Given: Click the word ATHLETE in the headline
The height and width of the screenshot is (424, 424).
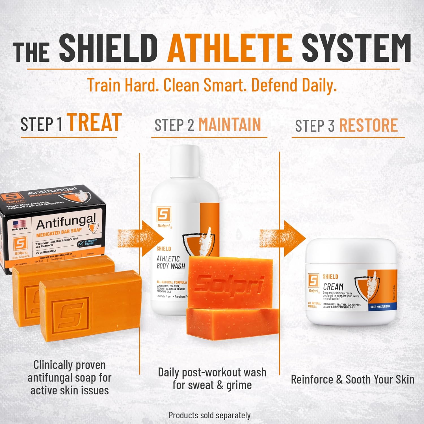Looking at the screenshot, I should point(230,47).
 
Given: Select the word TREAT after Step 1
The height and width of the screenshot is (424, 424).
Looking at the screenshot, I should point(94,123).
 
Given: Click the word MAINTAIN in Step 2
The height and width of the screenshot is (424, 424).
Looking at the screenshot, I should point(230,124).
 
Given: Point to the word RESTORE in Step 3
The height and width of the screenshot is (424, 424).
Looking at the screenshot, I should point(368,125).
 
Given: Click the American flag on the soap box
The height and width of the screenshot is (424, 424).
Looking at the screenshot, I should point(20,224).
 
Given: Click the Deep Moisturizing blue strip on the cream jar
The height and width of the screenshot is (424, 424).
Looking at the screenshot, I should point(380,307).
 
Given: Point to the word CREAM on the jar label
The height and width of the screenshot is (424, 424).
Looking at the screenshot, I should point(333,287).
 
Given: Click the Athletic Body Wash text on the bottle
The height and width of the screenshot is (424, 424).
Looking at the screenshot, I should point(171,262).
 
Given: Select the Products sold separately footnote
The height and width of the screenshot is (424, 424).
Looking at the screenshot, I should point(209,415).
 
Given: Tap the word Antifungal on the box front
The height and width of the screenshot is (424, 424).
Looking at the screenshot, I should point(66,222).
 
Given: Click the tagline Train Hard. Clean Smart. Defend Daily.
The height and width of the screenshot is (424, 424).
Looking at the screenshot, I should point(212,85).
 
